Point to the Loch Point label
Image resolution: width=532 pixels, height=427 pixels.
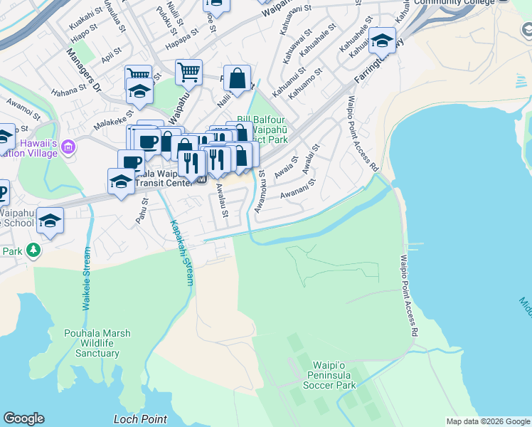pos(140,419)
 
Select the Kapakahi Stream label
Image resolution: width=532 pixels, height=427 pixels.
pos(180,253)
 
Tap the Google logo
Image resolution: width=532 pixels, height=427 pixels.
pos(23,418)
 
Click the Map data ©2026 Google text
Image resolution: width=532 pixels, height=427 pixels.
pos(488,421)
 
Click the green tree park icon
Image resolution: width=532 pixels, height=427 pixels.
pos(33,251)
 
